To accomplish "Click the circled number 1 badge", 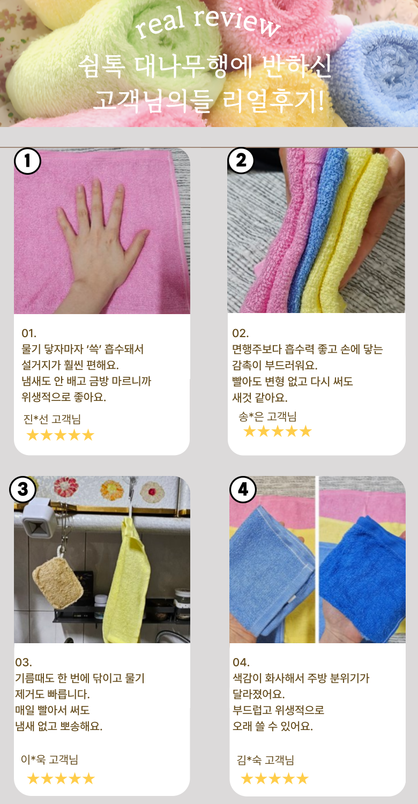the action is (x=28, y=161).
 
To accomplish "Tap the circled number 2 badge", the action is (x=241, y=160).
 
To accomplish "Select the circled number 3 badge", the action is (x=23, y=489).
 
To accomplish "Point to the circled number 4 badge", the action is (x=243, y=489).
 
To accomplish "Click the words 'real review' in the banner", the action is (x=208, y=23).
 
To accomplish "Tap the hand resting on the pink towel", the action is (x=99, y=244).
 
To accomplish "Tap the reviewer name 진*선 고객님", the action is (x=52, y=419).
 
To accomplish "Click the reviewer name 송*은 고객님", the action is (x=267, y=416).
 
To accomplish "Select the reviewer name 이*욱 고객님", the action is (x=49, y=759).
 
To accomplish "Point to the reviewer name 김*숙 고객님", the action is (x=265, y=760).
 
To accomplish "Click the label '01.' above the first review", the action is (x=29, y=333).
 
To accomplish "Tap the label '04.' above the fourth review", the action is (x=241, y=662).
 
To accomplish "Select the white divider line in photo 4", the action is (x=317, y=559).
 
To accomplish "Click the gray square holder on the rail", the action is (x=39, y=520).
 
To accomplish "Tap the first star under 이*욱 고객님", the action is (x=33, y=778).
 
